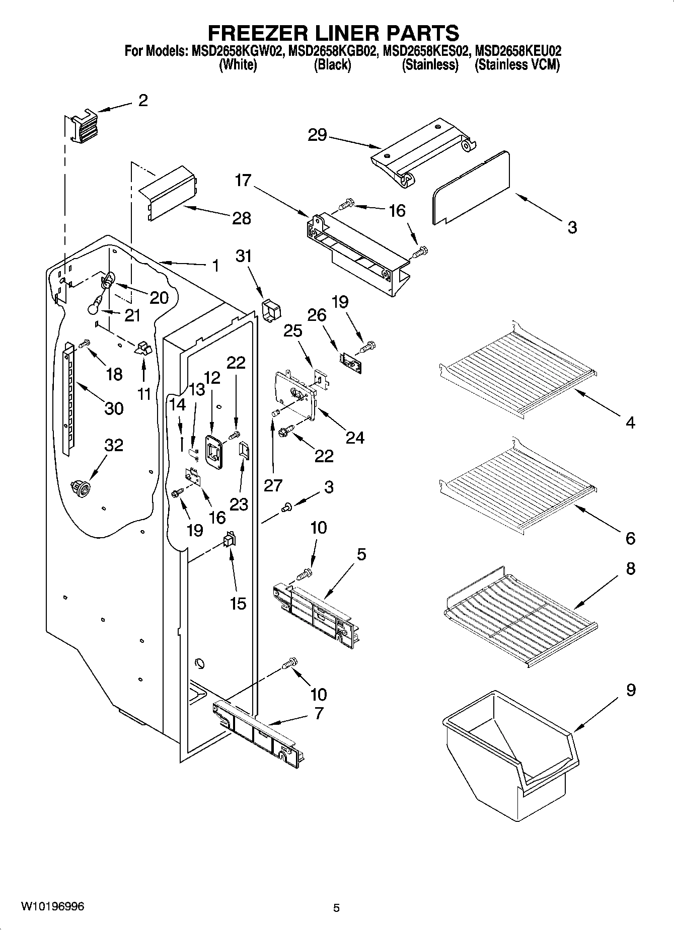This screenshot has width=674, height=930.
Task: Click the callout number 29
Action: pyautogui.click(x=317, y=135)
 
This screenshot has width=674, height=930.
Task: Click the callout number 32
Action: pyautogui.click(x=114, y=445)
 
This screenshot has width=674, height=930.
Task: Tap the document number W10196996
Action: pyautogui.click(x=52, y=906)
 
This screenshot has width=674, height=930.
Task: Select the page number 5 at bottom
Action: pyautogui.click(x=336, y=908)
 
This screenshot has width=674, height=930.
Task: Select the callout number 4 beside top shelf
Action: pyautogui.click(x=630, y=422)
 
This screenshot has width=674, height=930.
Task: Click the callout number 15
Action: pyautogui.click(x=238, y=603)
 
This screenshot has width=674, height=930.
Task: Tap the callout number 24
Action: pyautogui.click(x=354, y=437)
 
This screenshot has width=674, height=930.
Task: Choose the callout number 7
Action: pyautogui.click(x=319, y=713)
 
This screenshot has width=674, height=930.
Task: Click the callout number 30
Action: pyautogui.click(x=114, y=408)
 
